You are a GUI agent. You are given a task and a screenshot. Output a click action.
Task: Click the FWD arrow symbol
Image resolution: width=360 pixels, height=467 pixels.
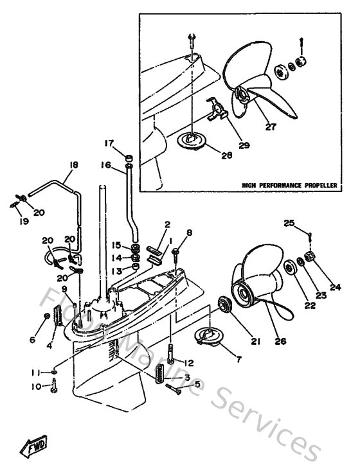click(32, 447)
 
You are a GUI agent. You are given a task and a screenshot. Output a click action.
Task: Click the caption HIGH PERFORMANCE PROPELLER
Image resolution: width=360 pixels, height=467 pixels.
click(289, 185)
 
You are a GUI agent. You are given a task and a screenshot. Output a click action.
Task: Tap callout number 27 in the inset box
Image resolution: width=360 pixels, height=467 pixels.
click(271, 127)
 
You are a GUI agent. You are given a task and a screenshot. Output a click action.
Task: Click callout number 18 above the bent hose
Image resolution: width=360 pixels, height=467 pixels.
click(73, 165)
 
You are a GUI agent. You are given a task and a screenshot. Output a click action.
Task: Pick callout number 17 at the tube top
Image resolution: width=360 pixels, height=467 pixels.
click(109, 143)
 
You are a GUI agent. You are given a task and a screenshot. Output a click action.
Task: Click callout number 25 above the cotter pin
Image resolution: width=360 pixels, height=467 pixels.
click(289, 223)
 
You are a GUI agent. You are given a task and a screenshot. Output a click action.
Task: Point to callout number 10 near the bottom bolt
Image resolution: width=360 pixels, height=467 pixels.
click(35, 387)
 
